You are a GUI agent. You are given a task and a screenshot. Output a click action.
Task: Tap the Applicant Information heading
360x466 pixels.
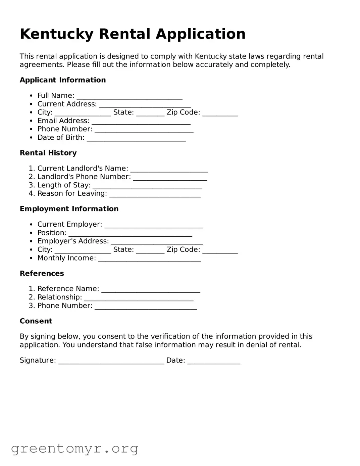63,80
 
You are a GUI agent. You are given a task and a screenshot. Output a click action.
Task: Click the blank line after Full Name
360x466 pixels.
130,97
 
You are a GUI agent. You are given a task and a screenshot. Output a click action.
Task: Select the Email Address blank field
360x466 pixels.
141,122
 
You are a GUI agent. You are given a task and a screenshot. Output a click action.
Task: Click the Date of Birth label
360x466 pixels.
61,137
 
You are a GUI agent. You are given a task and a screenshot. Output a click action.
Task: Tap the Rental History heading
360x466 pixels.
48,153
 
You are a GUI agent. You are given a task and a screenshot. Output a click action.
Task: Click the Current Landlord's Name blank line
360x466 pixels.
169,170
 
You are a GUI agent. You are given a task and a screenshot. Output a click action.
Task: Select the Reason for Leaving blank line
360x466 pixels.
155,195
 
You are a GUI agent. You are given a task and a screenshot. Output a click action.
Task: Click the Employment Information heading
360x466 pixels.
69,209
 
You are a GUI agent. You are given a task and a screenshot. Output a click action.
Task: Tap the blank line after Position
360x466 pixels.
130,234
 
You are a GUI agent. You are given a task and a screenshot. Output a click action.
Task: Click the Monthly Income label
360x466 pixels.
66,258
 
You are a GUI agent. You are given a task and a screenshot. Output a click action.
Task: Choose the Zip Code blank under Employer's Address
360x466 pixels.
220,251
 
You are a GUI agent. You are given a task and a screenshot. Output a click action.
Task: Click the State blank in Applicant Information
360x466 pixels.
150,113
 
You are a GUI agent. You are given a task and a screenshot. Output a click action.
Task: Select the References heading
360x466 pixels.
42,273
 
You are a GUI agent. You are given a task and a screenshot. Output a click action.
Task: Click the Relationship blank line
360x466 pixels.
139,298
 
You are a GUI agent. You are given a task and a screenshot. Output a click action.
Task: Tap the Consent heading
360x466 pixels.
36,321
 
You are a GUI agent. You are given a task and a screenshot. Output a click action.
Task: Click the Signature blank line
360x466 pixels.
111,362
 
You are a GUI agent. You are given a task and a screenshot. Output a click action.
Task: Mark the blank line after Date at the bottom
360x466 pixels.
214,362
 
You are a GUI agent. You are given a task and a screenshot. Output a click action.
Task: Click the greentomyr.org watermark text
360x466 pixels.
75,449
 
